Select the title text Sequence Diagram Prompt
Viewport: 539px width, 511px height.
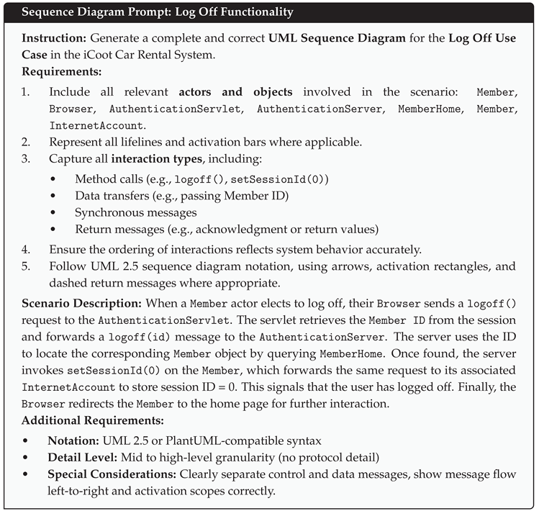point(91,12)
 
